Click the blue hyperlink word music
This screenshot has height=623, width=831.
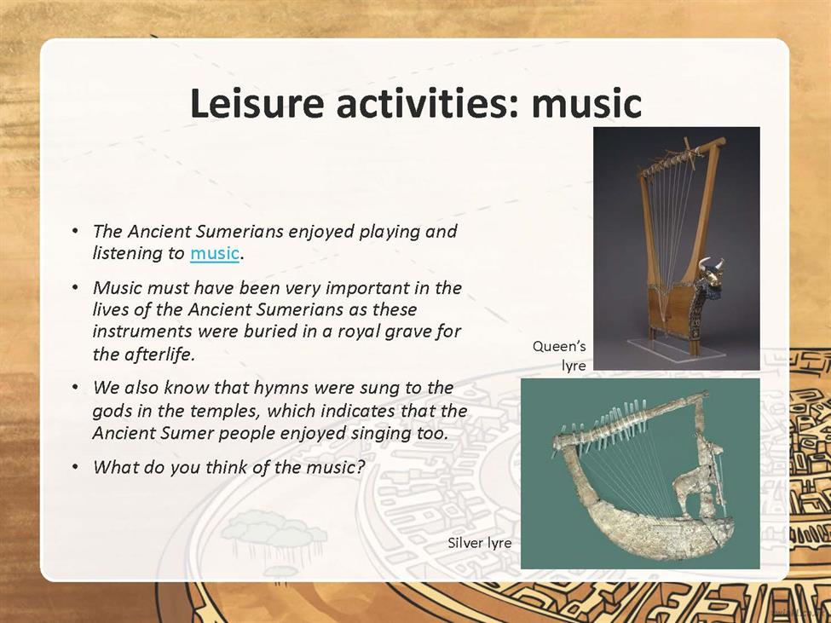[x=215, y=253]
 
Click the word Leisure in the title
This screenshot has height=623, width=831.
[x=257, y=103]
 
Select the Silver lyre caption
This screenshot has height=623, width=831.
[x=480, y=543]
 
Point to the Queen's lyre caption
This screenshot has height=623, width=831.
[x=560, y=356]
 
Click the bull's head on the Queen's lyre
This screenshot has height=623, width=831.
[x=710, y=274]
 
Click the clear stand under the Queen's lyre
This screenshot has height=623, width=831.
[x=676, y=349]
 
